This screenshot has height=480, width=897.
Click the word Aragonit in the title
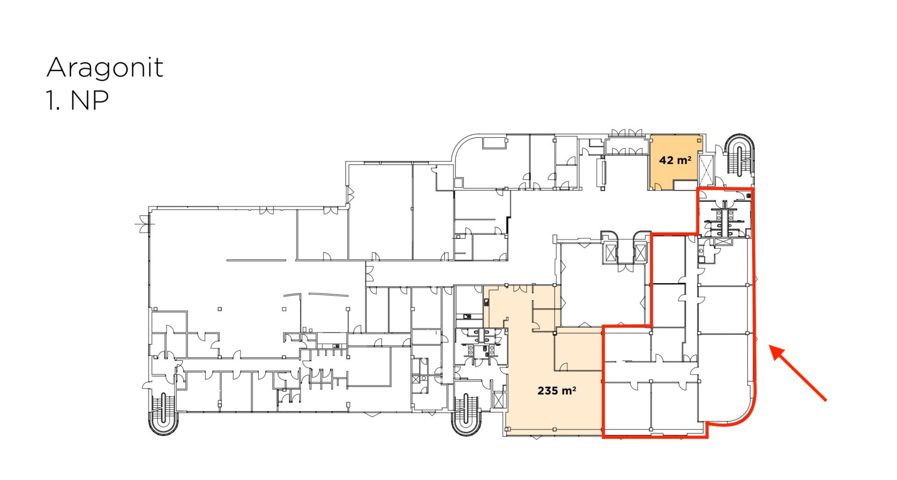click(x=105, y=68)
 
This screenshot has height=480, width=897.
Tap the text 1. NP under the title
click(x=78, y=100)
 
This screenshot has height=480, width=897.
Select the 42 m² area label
click(x=675, y=160)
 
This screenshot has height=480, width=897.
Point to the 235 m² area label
click(x=556, y=390)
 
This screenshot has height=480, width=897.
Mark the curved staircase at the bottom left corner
click(x=163, y=413)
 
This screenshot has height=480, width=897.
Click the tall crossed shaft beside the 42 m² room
click(x=706, y=170)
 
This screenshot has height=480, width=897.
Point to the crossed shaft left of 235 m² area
click(x=499, y=400)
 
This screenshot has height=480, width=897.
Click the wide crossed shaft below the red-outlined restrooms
click(x=722, y=242)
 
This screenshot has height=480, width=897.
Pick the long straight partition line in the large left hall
click(x=256, y=260)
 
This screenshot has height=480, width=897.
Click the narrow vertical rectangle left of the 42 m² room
click(x=603, y=173)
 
